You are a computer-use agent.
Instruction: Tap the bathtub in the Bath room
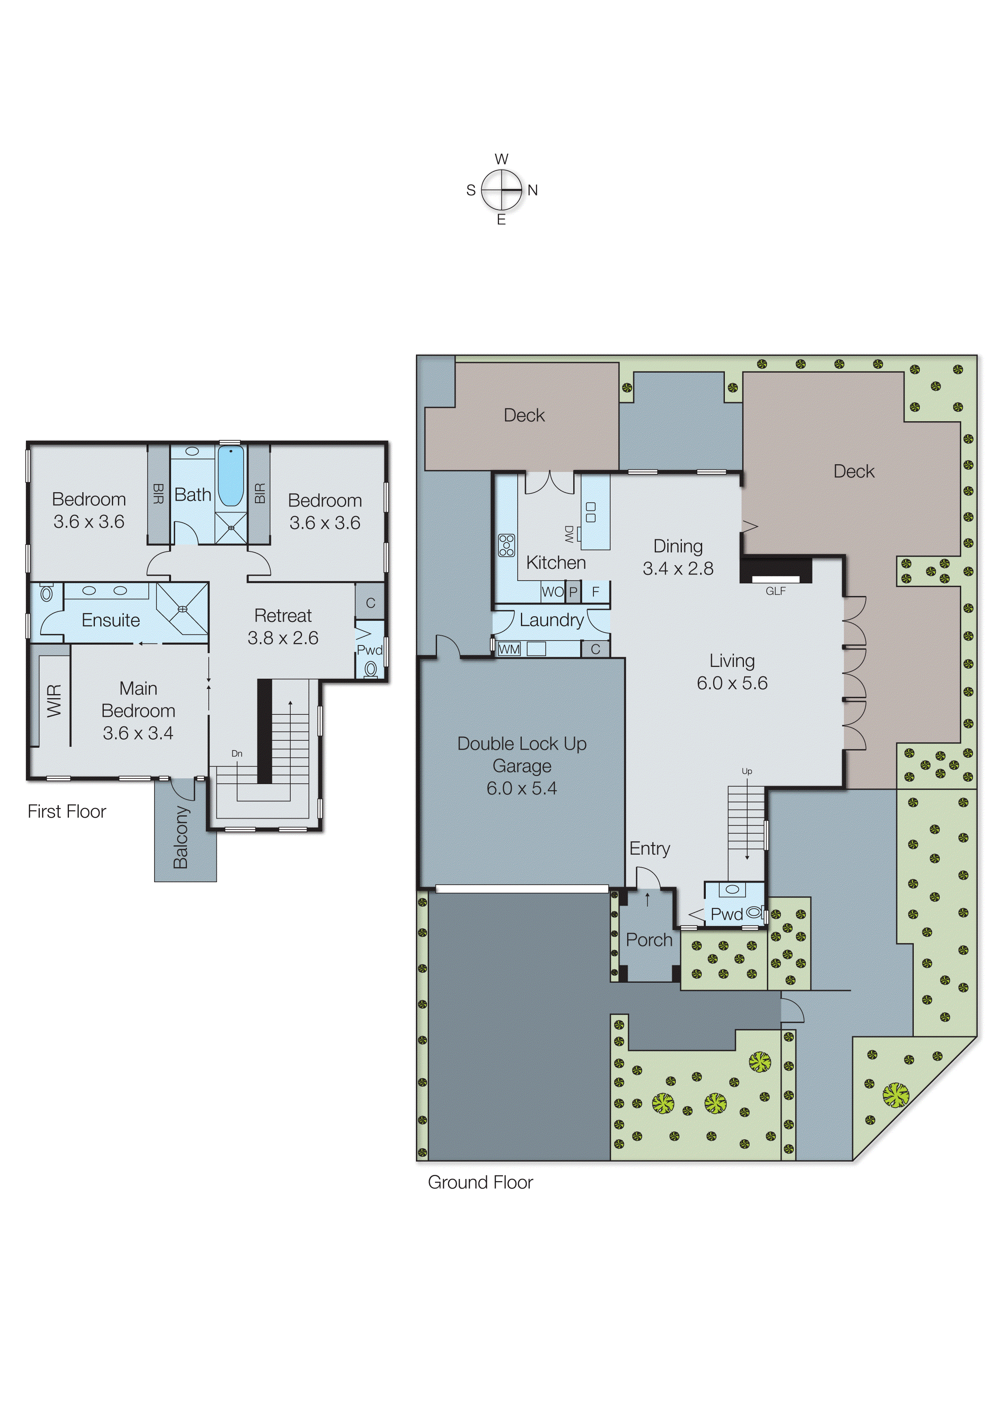pos(231,476)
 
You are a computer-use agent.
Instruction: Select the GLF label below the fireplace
pos(776,591)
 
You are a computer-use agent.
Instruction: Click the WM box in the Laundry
pos(509,649)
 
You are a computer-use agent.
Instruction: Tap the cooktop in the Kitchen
pos(506,545)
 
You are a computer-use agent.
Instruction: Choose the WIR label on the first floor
pos(54,701)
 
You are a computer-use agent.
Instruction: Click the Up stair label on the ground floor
pos(746,771)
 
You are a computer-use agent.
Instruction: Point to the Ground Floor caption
pos(480,1182)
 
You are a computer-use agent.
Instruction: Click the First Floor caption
pos(67,811)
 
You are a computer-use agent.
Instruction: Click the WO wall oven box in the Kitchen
pos(552,592)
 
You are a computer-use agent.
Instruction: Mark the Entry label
pos(649,848)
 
